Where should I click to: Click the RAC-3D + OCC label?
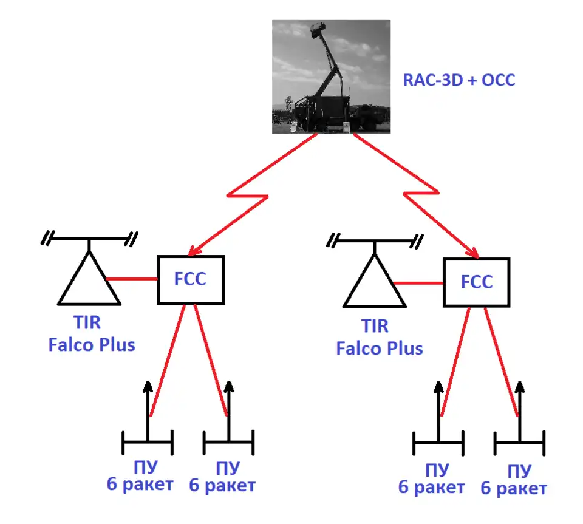[459, 80]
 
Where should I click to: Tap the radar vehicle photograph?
[331, 77]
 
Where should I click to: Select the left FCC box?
[191, 279]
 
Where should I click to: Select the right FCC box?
[476, 282]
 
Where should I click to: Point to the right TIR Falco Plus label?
[379, 338]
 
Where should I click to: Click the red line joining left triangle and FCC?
[132, 279]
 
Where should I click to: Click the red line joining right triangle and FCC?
[418, 282]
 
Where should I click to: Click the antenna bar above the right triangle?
[375, 241]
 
